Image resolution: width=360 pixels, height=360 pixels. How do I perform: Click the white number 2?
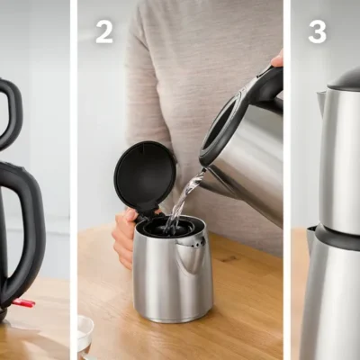coord(104,32)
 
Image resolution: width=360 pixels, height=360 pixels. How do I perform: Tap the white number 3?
coord(317,32)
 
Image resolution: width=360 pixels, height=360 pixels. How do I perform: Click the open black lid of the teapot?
coord(146,176)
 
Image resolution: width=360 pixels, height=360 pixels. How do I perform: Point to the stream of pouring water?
coord(184,201)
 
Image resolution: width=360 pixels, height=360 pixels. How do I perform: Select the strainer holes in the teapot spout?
coord(196,242)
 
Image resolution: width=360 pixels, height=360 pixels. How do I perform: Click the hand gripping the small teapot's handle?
coord(124,237)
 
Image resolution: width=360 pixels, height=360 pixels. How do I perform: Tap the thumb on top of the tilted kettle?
coord(277,59)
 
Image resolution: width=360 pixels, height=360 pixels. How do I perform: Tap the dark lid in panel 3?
coord(345,78)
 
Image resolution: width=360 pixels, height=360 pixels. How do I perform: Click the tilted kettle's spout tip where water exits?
coord(205,170)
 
